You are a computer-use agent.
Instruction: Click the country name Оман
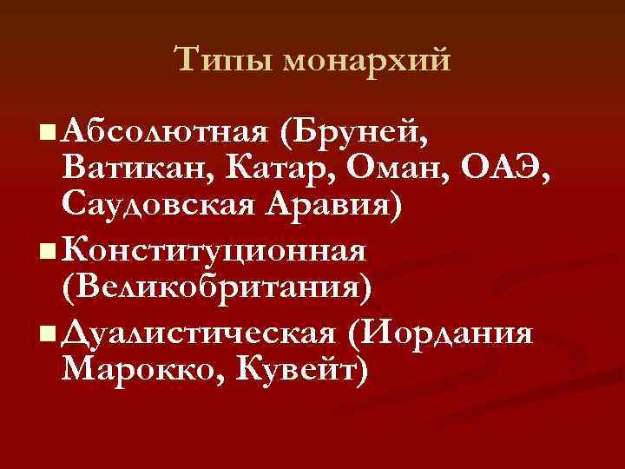click(399, 170)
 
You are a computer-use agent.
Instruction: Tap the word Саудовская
click(165, 208)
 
